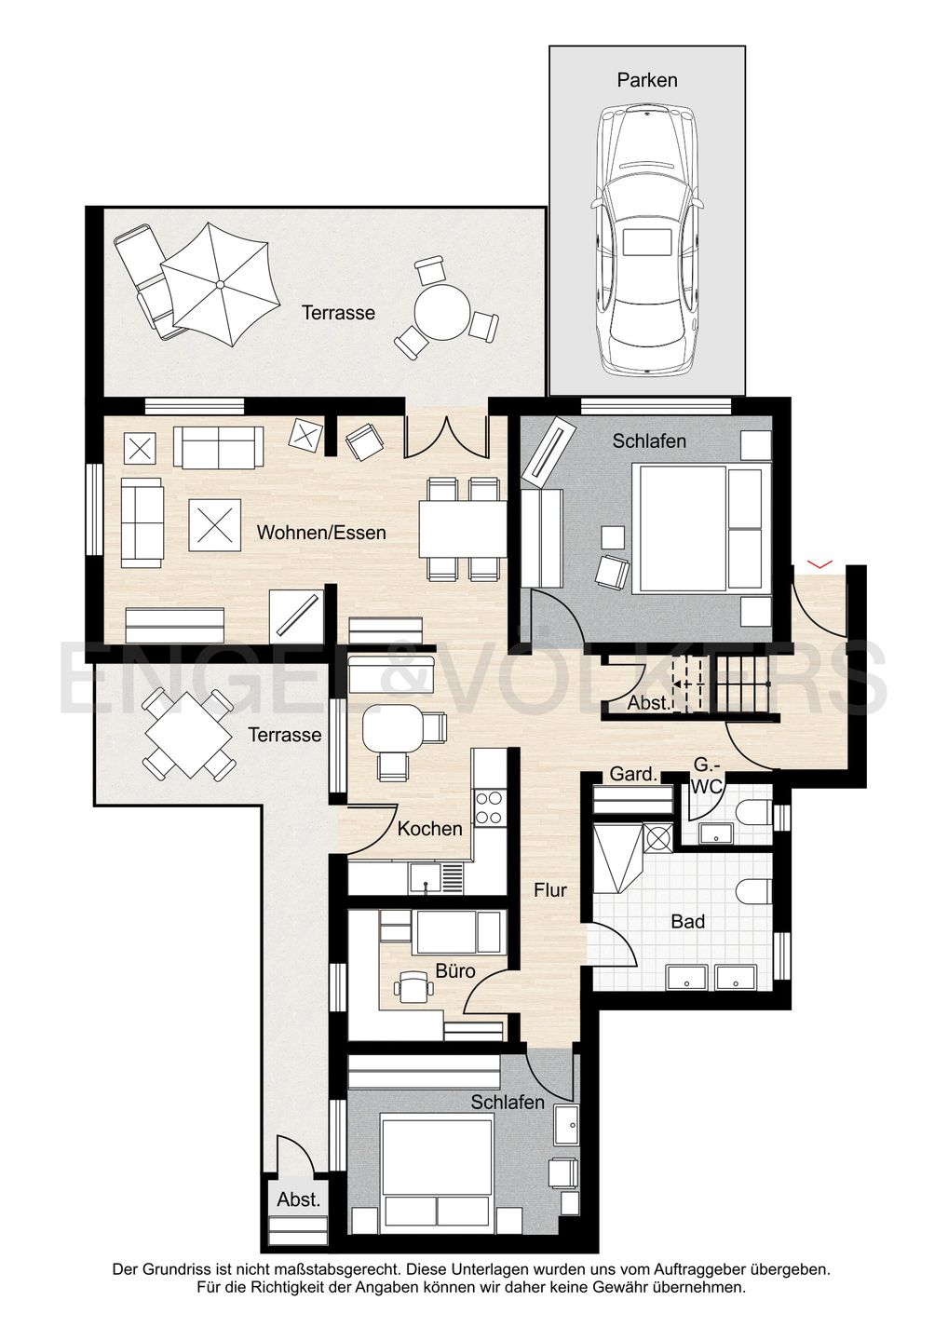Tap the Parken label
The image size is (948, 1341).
tap(647, 80)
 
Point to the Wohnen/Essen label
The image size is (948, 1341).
tap(321, 533)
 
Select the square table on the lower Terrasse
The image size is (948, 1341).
tap(188, 736)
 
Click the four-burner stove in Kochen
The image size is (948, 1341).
tap(489, 807)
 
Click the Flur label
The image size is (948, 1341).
tap(550, 890)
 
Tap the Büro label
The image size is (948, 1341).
tap(455, 970)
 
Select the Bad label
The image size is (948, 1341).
tap(687, 921)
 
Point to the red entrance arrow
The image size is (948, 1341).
tap(819, 563)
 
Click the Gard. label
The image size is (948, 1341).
tap(633, 774)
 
